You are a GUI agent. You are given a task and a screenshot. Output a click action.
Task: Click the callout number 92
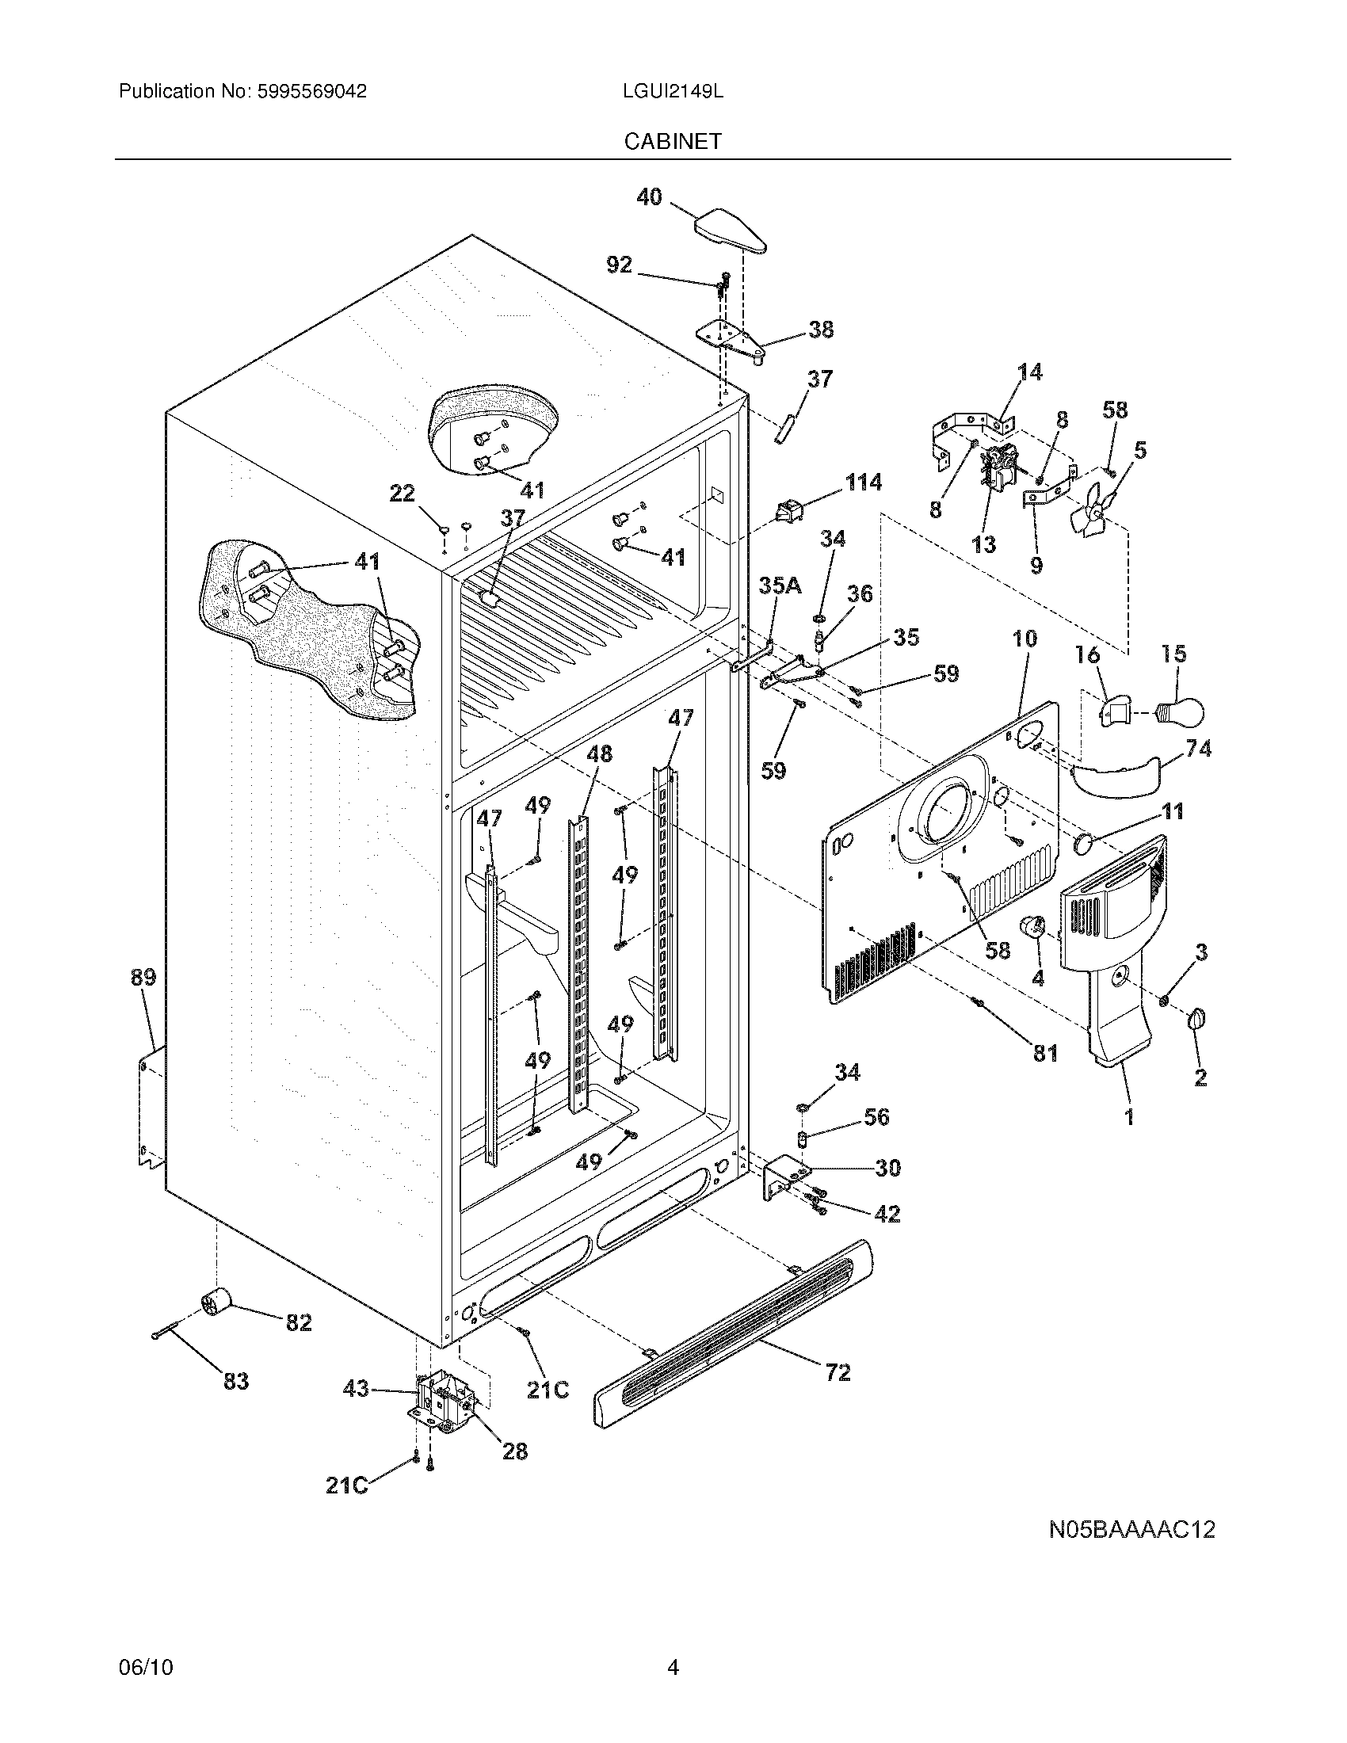pos(620,265)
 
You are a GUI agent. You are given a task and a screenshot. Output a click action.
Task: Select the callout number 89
pos(143,977)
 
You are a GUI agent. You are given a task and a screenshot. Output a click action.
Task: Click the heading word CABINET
pos(673,141)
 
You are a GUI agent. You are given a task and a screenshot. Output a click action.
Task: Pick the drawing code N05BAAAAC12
pos(1131,1529)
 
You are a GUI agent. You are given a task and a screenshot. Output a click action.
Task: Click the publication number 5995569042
pos(311,92)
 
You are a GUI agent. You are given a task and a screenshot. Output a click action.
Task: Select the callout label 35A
pos(779,585)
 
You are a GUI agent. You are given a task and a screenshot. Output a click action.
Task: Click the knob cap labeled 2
pos(1197,1019)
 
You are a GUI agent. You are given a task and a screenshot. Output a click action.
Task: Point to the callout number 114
pos(863,481)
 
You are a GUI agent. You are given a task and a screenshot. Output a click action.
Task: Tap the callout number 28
pos(515,1451)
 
